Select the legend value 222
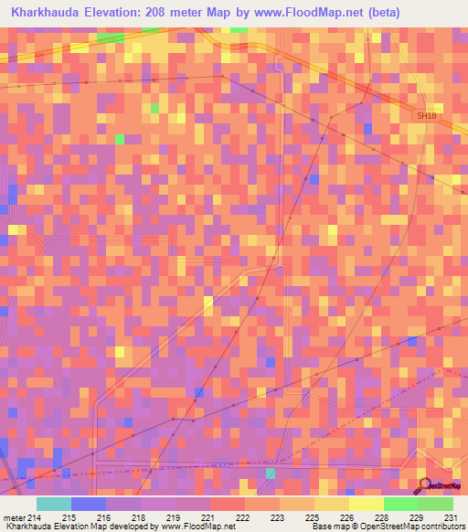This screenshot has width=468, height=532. tap(243, 518)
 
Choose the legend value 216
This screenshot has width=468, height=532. tap(101, 518)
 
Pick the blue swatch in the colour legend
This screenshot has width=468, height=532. tap(88, 504)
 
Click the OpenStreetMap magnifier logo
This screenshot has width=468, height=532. tap(425, 484)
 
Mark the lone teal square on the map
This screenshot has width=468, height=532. tap(271, 473)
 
